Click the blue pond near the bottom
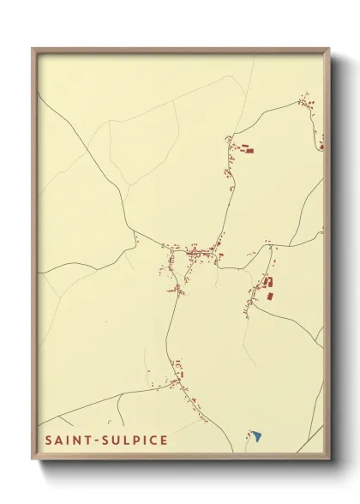point(256,436)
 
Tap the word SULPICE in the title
point(135,440)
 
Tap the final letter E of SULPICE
point(164,440)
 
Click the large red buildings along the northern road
point(245,151)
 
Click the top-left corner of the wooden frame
point(33,49)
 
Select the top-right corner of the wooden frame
point(329,49)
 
